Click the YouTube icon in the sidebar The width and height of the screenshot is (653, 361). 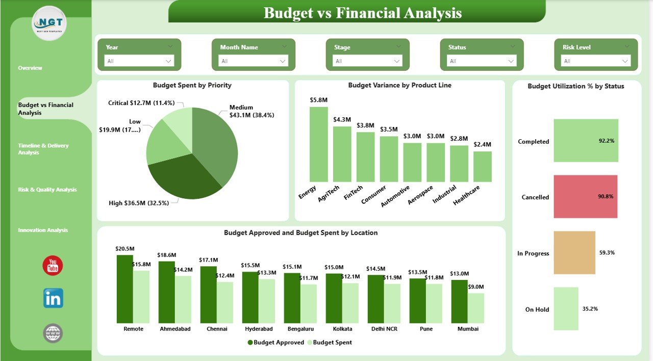53,265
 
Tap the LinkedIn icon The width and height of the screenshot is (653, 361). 53,298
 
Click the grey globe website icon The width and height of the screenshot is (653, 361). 53,333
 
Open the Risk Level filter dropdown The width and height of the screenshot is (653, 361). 596,61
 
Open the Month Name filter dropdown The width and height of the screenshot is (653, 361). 253,61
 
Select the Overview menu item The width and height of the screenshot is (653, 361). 30,68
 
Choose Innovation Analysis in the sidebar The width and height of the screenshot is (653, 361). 43,230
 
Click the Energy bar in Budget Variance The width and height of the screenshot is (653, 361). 319,144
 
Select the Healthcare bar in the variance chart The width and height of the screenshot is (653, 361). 483,167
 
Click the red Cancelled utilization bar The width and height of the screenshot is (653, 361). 586,197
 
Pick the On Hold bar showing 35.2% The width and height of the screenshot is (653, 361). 566,308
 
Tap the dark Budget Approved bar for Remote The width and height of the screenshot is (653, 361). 125,289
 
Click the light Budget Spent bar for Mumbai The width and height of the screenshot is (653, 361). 476,308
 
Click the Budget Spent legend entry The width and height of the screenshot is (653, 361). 332,342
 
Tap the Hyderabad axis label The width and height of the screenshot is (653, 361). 259,329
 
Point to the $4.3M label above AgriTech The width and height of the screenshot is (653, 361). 342,119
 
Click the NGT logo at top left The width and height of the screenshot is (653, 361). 49,23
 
